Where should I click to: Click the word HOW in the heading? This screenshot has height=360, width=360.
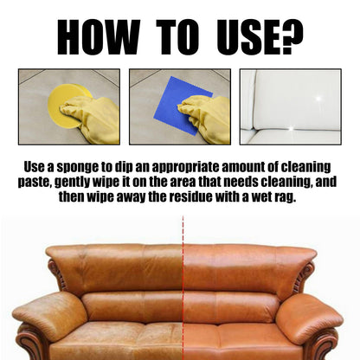(99, 37)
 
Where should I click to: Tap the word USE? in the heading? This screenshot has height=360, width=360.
(260, 37)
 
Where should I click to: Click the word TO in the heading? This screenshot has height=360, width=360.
(178, 37)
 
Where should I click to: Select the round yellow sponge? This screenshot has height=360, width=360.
(70, 106)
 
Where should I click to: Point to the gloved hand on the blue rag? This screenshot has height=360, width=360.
(206, 119)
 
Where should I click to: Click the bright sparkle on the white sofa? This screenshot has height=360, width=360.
(318, 99)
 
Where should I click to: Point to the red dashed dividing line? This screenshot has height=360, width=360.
(183, 288)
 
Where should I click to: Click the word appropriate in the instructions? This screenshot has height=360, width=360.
(185, 168)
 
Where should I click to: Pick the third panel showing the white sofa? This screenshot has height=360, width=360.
(291, 106)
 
